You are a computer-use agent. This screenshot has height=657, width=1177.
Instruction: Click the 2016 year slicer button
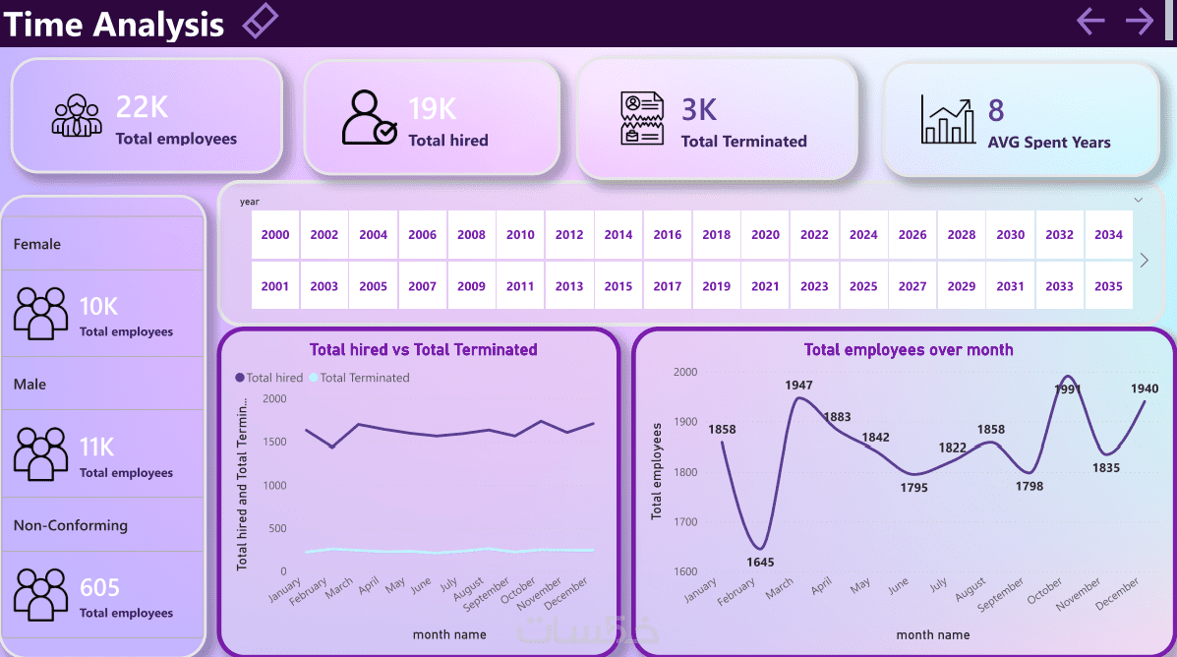(668, 235)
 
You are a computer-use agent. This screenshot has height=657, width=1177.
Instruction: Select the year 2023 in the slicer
(814, 286)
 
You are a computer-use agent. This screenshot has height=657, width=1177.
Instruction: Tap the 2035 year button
(1108, 286)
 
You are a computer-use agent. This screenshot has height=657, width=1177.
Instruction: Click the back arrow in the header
(1090, 21)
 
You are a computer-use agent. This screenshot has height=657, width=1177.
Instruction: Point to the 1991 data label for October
(1067, 388)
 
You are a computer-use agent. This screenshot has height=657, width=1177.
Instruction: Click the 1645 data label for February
(760, 563)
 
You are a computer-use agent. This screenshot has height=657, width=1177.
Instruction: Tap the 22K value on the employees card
(142, 107)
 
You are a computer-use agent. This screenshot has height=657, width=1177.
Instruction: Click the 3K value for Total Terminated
(699, 109)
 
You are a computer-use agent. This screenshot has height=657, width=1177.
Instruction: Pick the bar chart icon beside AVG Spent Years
(948, 120)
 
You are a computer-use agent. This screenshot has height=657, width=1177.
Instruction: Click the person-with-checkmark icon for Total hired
(370, 118)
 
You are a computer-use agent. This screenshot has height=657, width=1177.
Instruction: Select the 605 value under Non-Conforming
(99, 587)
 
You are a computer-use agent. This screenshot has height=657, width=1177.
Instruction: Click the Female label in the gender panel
(37, 244)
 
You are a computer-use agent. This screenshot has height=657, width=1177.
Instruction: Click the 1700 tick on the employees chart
(684, 522)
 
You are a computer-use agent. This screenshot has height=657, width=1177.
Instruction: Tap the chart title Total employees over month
(908, 349)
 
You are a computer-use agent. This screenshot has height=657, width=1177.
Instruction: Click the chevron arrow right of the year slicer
(1144, 261)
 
